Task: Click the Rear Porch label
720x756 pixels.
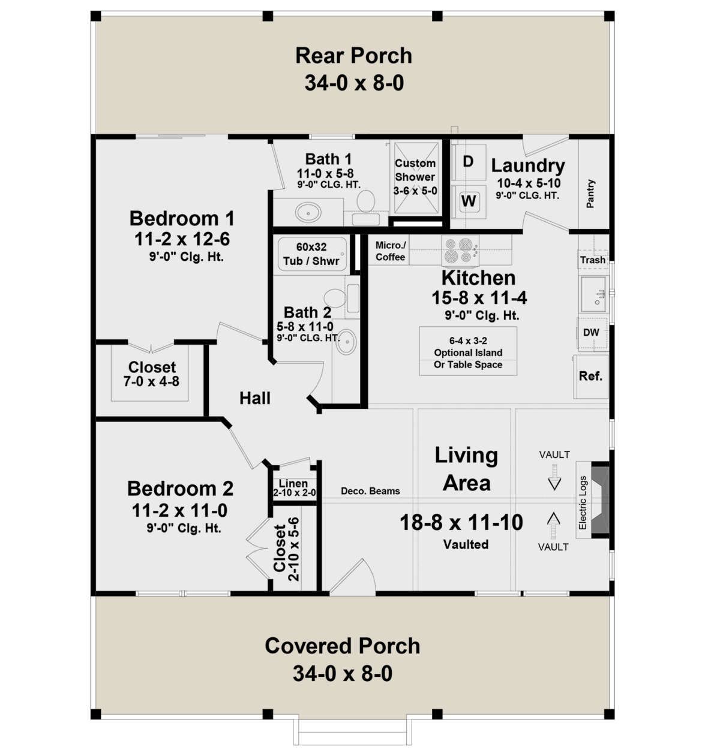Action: click(353, 55)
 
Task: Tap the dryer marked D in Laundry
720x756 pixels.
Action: click(469, 162)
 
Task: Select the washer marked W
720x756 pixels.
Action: click(469, 201)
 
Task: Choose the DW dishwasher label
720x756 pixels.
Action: click(591, 332)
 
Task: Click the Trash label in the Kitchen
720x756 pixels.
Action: click(593, 260)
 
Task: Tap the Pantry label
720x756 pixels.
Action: click(590, 194)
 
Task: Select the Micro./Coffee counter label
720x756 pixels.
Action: click(390, 251)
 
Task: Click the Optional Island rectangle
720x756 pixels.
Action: click(468, 351)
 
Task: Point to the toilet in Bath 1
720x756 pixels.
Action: click(366, 201)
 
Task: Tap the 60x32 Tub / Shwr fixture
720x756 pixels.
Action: click(312, 254)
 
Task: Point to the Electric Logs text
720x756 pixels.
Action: click(583, 502)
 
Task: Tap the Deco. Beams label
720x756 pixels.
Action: click(370, 491)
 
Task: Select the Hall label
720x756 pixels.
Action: click(255, 398)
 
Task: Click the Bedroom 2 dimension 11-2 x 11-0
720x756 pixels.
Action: click(179, 511)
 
